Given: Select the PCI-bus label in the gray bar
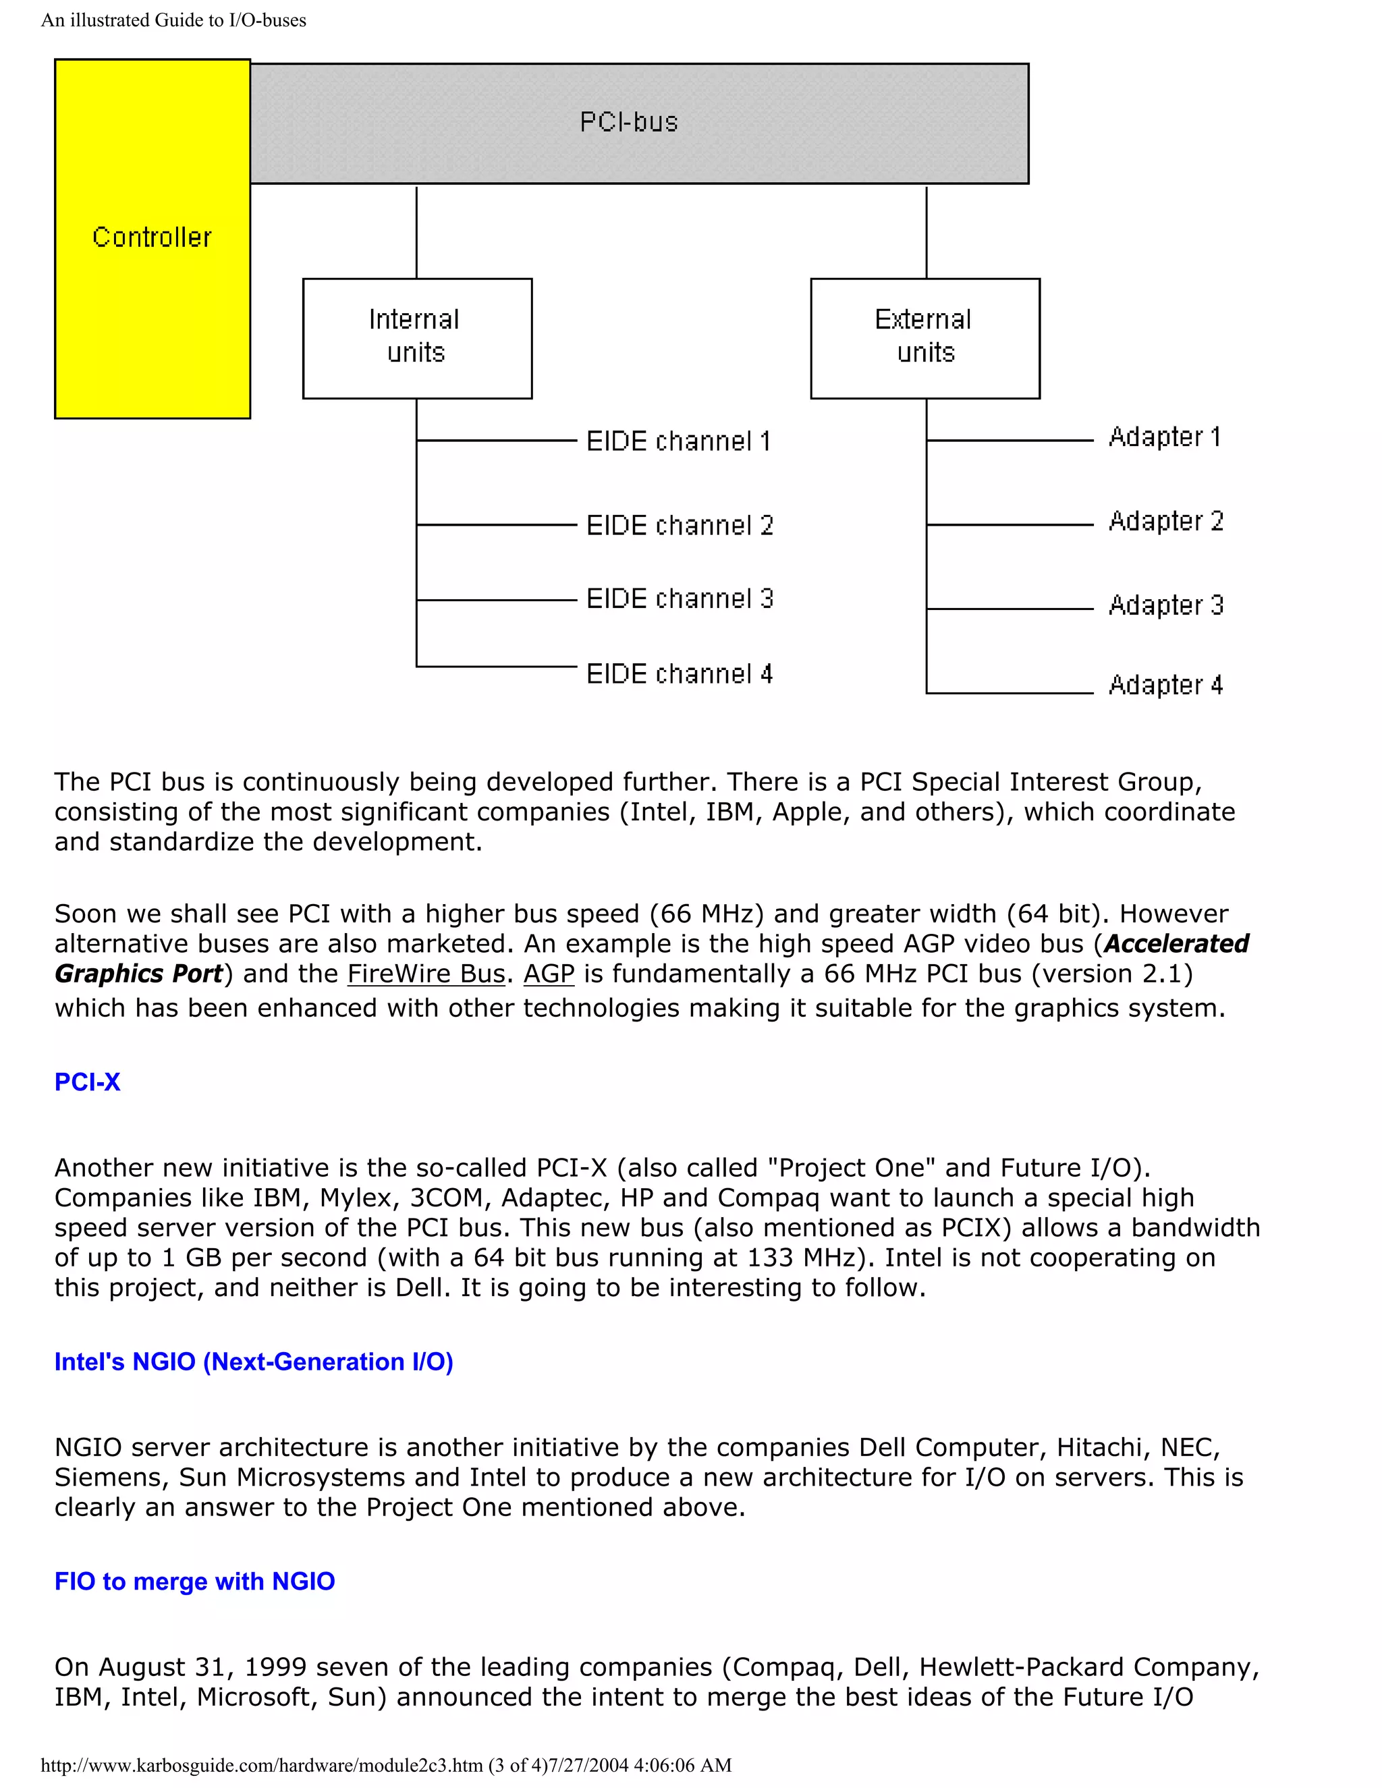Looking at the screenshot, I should coord(629,122).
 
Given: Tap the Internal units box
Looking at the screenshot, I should coord(417,337).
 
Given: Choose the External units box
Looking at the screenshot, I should coord(924,337).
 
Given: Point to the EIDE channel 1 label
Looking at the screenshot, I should coord(678,441).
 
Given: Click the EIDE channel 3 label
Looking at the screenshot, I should coord(680,598).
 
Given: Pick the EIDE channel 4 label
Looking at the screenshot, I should coord(679,674).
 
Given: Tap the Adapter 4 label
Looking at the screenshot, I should coord(1165,684).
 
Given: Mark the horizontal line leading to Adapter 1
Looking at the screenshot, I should coord(1010,441).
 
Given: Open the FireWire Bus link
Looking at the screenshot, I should coord(426,974).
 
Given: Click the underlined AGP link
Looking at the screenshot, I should coord(549,974).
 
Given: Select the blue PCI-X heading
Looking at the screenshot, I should coord(87,1082).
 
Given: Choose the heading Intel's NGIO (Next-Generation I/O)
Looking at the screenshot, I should coord(253,1362).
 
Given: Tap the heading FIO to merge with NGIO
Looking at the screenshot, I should coord(194,1581).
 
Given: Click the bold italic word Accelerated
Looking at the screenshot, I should coord(1176,944).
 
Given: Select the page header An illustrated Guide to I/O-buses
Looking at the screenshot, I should coord(173,20).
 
